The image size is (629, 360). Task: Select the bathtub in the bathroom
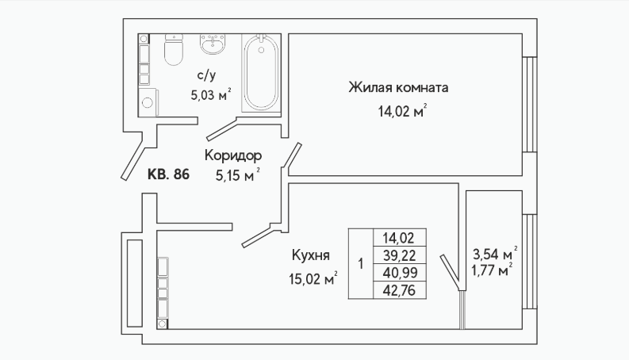261,73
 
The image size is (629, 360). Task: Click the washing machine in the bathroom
148,102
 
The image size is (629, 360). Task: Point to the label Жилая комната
398,87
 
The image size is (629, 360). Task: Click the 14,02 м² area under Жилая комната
402,111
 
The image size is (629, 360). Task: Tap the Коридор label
233,155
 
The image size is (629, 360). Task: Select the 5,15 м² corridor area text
238,174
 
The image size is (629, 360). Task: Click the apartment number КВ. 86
168,174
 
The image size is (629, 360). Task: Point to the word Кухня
311,255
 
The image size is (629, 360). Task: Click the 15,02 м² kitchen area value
313,278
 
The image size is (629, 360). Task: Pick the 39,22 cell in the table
400,255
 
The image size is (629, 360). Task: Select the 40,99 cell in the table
400,273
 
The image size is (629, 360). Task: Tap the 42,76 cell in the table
400,290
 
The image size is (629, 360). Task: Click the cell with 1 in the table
361,264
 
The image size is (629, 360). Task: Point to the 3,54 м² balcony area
495,254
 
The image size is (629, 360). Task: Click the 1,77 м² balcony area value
492,270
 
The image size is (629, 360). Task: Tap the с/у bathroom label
206,75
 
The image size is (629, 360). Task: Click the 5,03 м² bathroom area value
211,95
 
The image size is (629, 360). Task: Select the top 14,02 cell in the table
400,238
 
